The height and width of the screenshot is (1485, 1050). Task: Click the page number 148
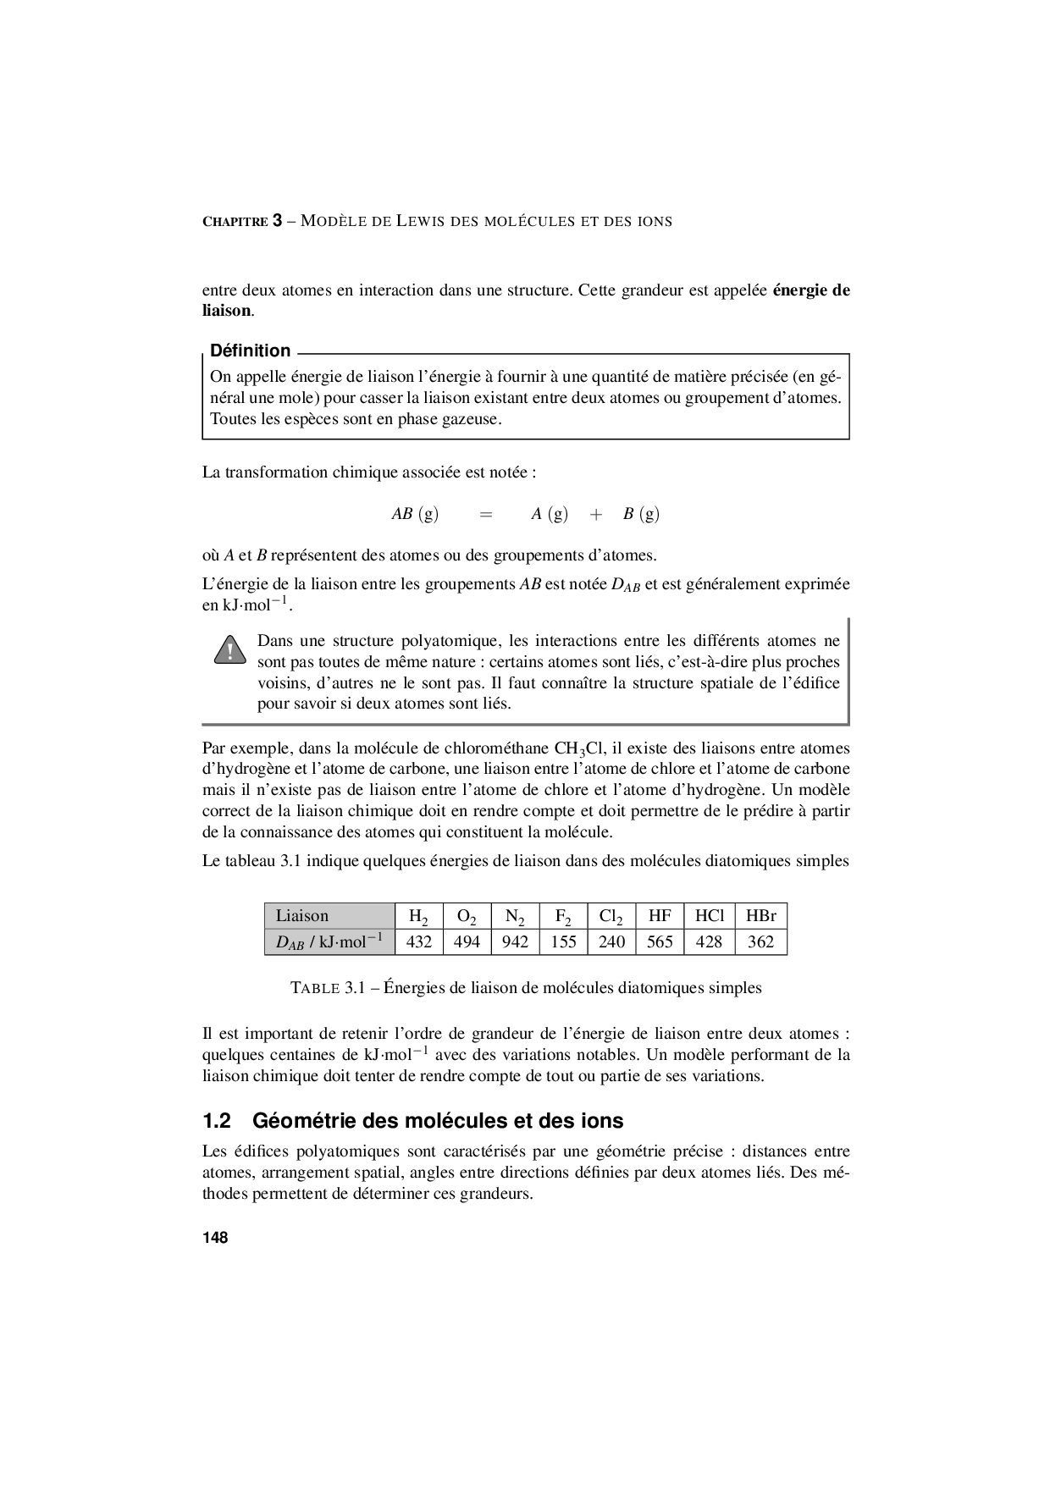click(x=215, y=1238)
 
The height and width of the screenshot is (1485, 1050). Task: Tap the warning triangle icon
click(x=228, y=652)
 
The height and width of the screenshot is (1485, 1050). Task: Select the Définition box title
click(x=250, y=351)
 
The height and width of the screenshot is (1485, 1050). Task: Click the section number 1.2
click(x=217, y=1121)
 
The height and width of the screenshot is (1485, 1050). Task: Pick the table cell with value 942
click(x=515, y=942)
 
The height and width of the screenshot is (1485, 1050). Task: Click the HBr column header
click(x=760, y=915)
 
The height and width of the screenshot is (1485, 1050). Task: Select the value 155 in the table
click(x=563, y=942)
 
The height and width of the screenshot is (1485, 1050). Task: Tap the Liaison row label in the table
click(x=302, y=915)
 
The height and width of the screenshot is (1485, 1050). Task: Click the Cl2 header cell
click(x=611, y=916)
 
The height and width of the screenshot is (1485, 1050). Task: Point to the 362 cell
click(x=760, y=942)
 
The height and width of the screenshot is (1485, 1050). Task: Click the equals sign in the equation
click(x=485, y=514)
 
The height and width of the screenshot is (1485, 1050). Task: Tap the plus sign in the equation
click(x=596, y=514)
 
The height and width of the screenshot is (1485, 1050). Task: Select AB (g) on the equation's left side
click(x=415, y=514)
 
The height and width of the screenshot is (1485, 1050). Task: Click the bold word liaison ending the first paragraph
click(x=226, y=311)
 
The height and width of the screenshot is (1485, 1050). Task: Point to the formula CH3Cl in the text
click(x=577, y=748)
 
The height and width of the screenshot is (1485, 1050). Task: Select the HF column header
click(x=660, y=915)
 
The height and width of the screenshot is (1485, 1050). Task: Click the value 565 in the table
click(x=660, y=942)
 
